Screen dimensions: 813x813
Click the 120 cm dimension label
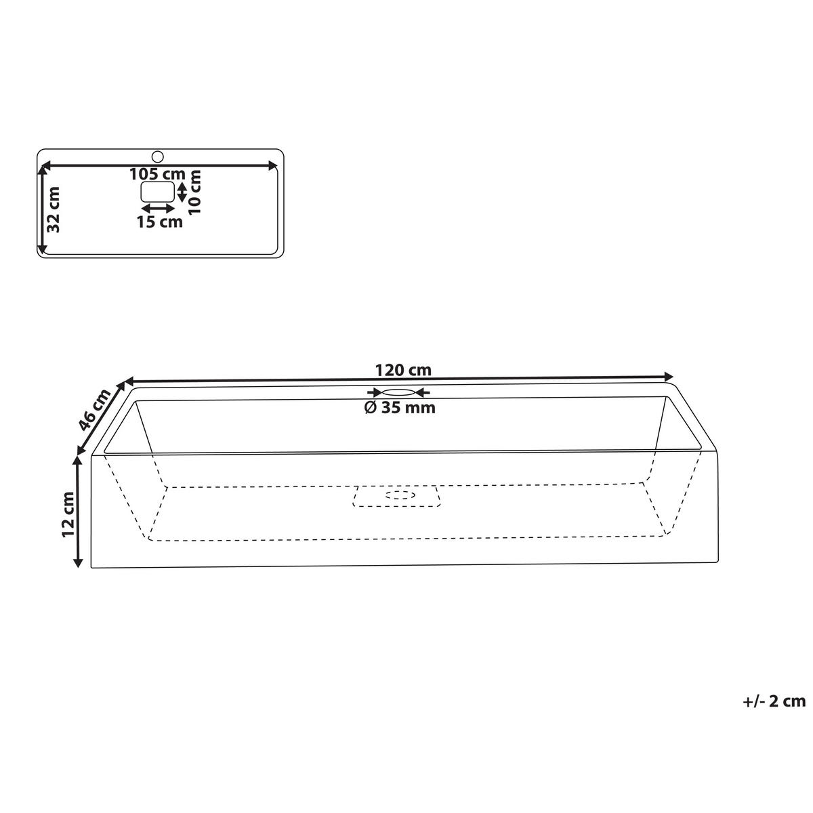coord(403,371)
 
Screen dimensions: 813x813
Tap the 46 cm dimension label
coord(96,409)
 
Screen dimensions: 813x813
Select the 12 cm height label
coord(68,514)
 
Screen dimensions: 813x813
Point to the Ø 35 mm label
coord(400,408)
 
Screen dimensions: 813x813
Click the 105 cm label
coord(157,173)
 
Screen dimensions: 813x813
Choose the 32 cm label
coord(54,209)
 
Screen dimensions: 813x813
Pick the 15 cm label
coord(159,222)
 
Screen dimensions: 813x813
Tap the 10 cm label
coord(194,192)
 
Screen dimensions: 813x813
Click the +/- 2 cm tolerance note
coord(774,701)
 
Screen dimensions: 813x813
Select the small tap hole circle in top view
coord(157,157)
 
